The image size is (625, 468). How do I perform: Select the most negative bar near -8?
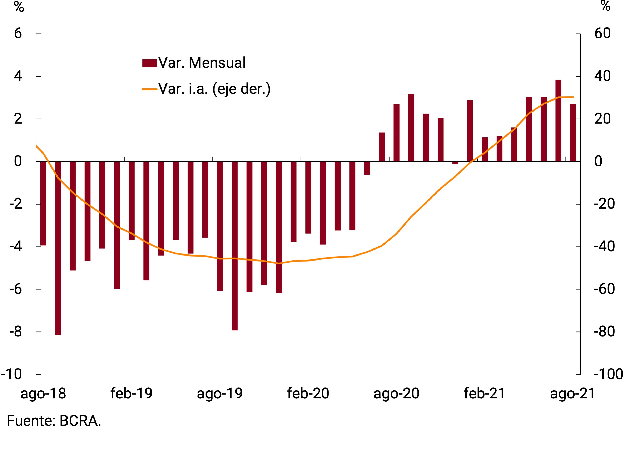58,248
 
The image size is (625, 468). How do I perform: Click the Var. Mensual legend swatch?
149,63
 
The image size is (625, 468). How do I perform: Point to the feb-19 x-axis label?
131,394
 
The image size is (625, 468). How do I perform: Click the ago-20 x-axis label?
396,394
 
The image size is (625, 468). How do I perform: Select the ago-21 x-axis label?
573,394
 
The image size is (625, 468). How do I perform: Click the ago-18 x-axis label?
43,394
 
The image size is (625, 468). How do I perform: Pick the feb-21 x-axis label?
484,394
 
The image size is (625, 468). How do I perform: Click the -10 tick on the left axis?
12,375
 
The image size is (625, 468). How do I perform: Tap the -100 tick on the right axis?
608,375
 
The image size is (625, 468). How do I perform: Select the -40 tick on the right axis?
604,247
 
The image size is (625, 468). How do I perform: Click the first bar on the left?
43,203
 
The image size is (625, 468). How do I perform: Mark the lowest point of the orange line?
279,263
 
